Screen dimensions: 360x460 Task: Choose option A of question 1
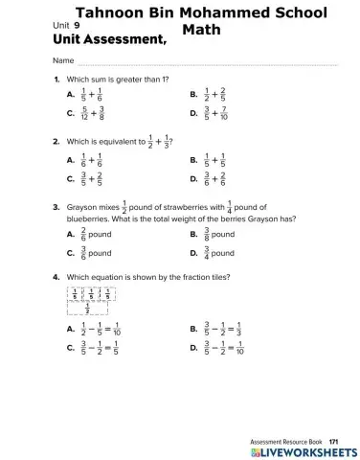pos(71,96)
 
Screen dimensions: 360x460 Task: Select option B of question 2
pos(194,161)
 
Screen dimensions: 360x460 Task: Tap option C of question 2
pos(71,178)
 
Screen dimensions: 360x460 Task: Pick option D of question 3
pos(194,253)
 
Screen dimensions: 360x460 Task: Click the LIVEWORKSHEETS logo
pos(301,449)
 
